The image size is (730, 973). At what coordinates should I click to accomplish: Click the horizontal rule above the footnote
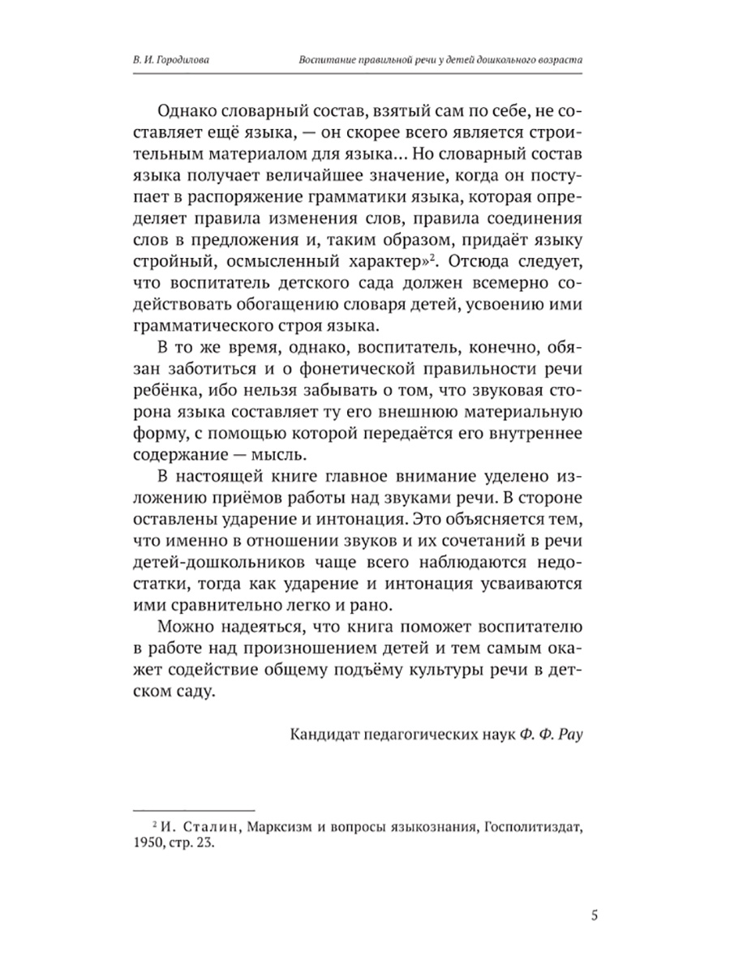(x=192, y=808)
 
